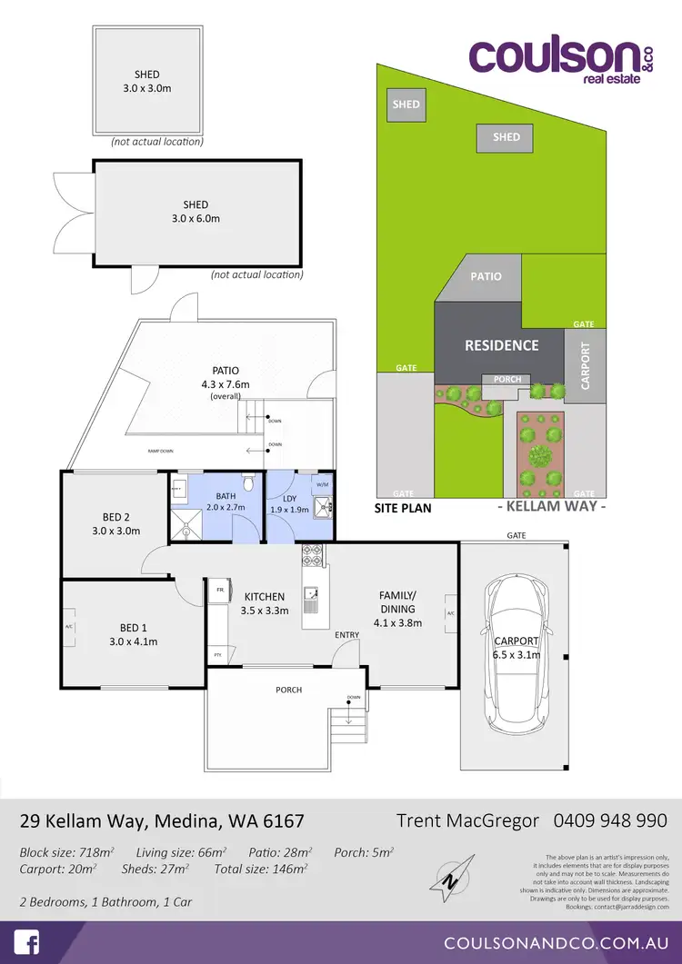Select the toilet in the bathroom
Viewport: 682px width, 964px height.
click(x=248, y=482)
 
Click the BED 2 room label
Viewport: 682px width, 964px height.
click(x=115, y=523)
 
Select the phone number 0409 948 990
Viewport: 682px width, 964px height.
click(x=610, y=820)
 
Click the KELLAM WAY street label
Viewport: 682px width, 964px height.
click(x=552, y=506)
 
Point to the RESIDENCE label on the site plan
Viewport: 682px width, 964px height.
click(x=501, y=345)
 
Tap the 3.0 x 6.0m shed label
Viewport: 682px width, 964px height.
click(x=196, y=211)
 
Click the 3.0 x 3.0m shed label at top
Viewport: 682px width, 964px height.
click(x=146, y=81)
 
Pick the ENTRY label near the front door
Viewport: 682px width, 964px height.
click(x=346, y=634)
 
